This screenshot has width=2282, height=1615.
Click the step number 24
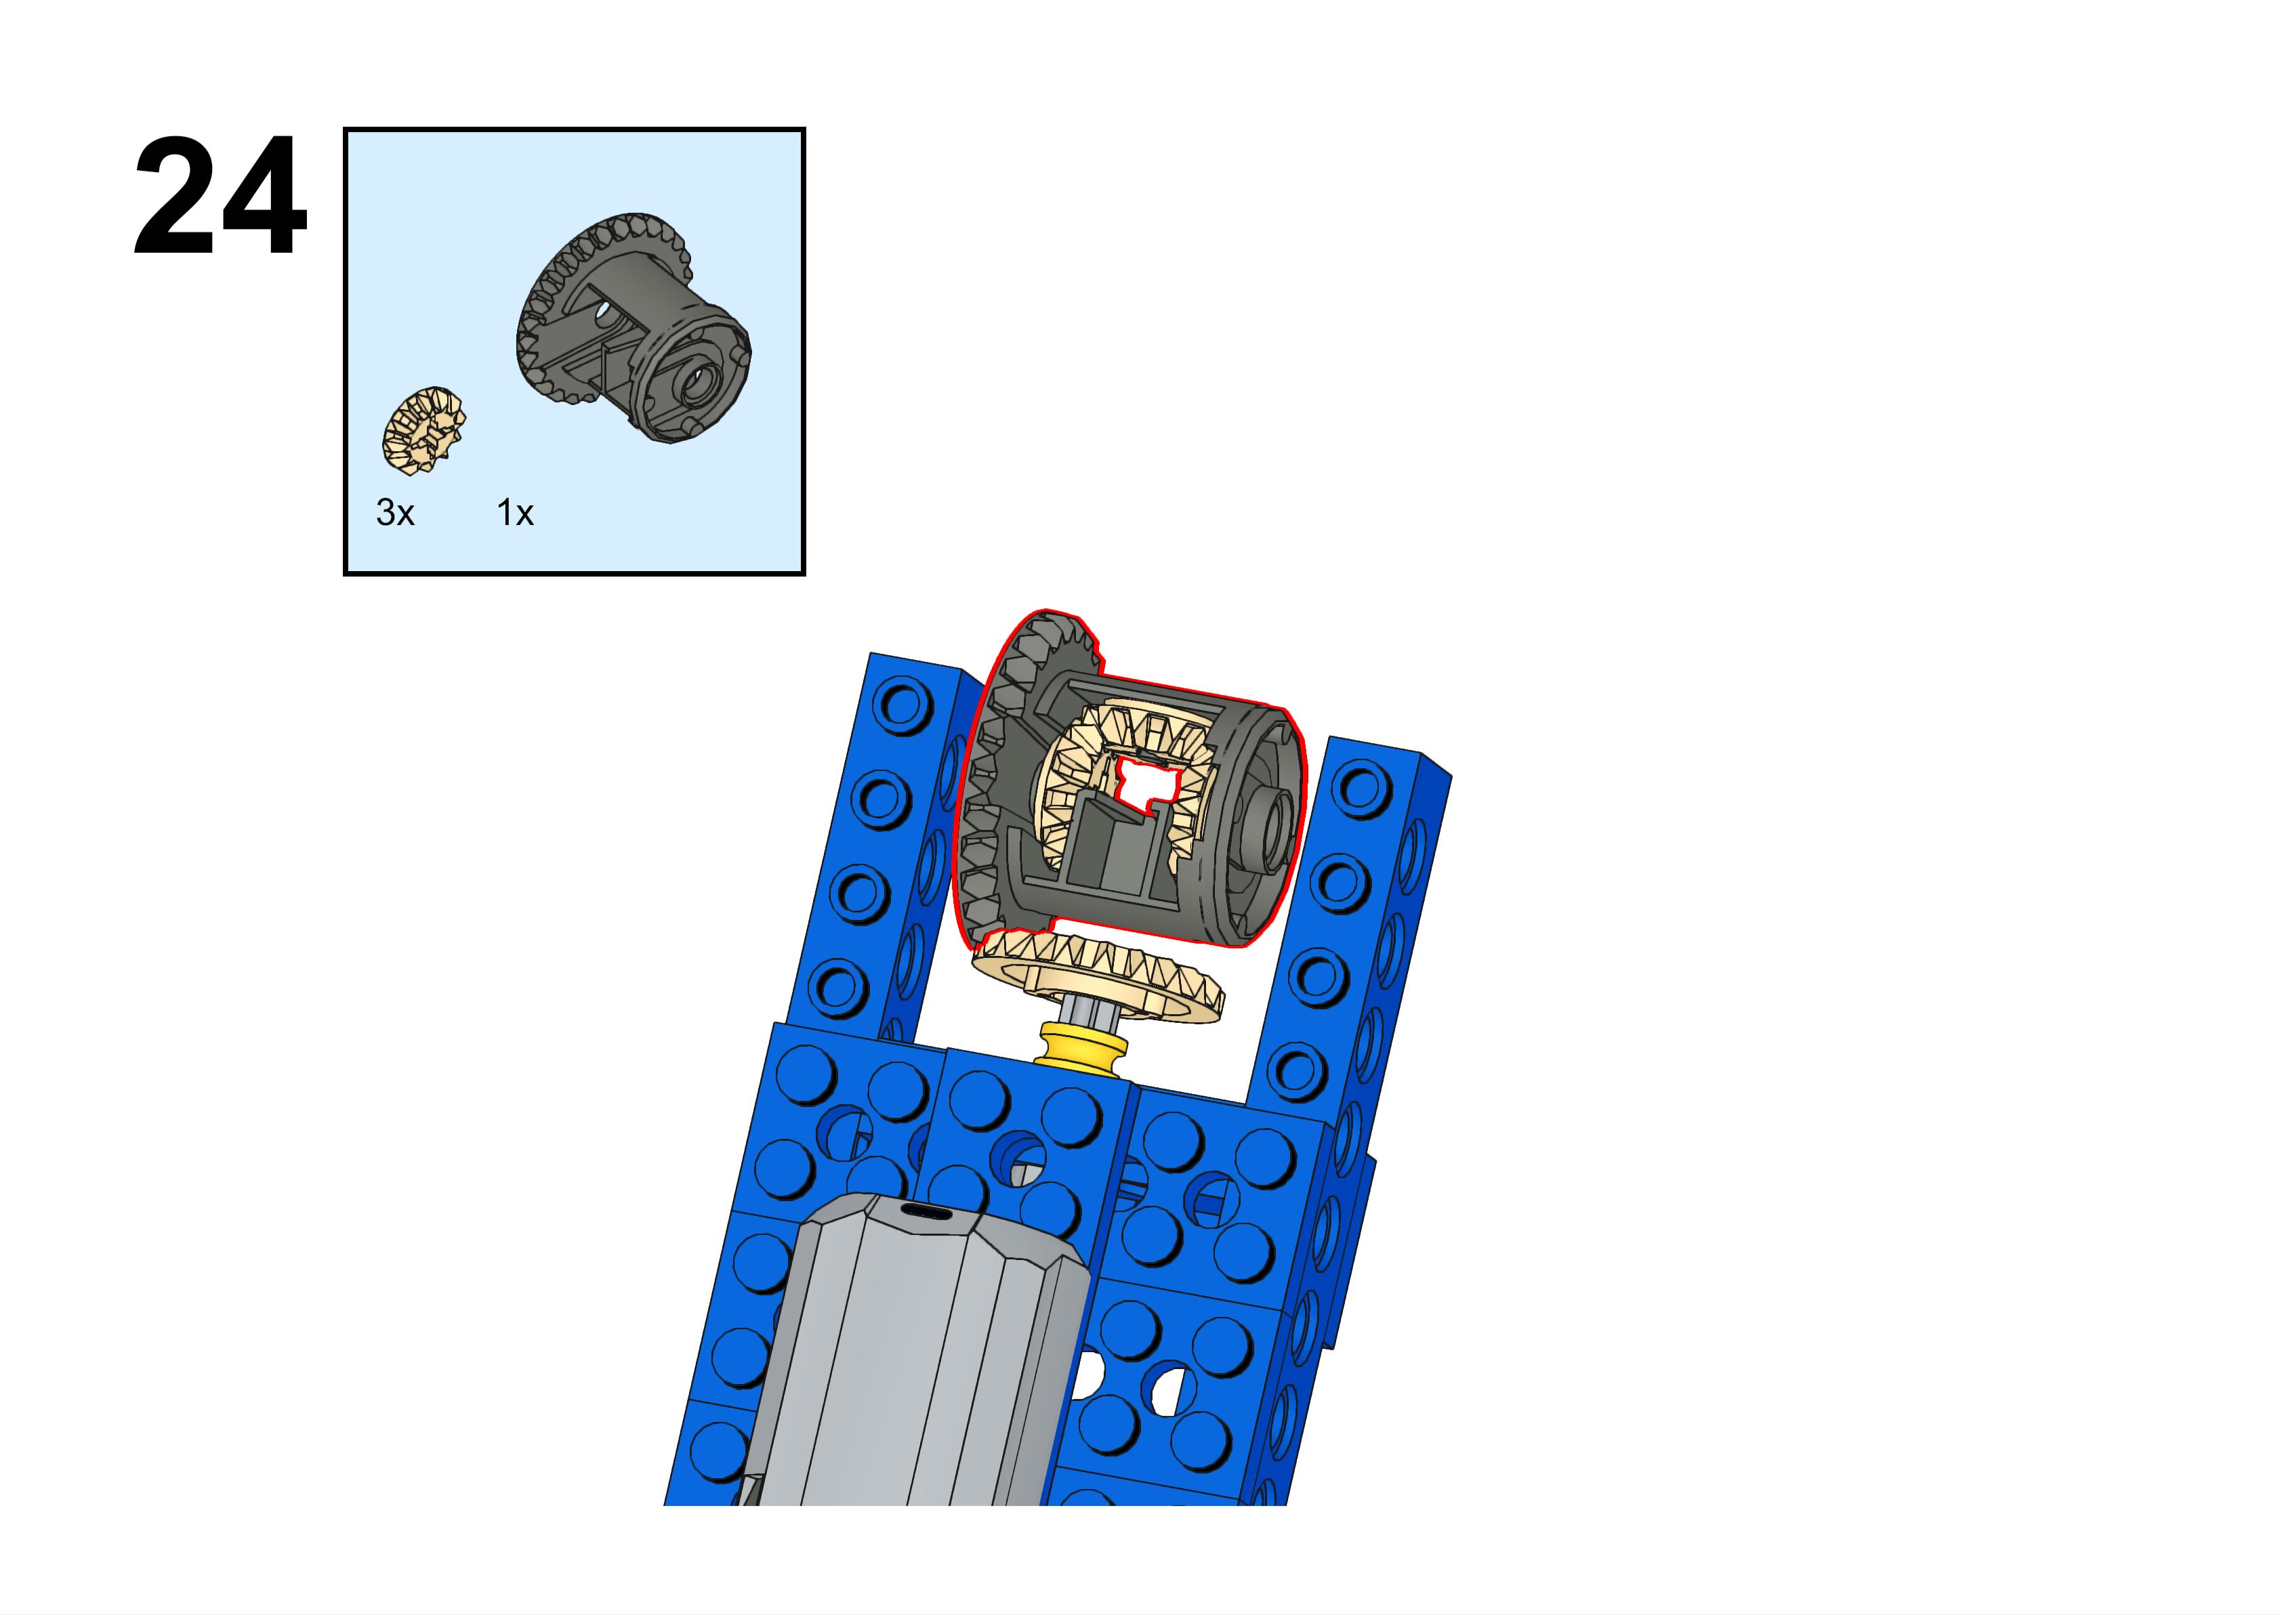[220, 198]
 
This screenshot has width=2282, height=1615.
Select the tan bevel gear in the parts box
[423, 427]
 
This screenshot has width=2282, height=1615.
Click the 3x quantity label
[395, 513]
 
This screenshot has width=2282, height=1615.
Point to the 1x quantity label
[515, 513]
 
